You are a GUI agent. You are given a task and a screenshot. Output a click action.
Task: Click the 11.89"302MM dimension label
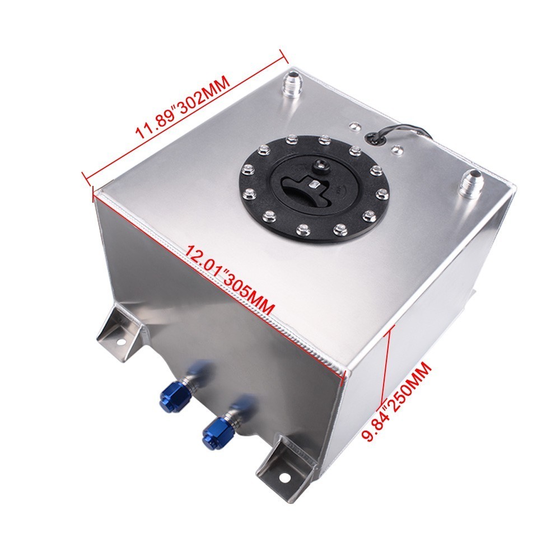(x=182, y=108)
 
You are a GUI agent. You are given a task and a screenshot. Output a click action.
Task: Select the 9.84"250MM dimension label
(x=396, y=401)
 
